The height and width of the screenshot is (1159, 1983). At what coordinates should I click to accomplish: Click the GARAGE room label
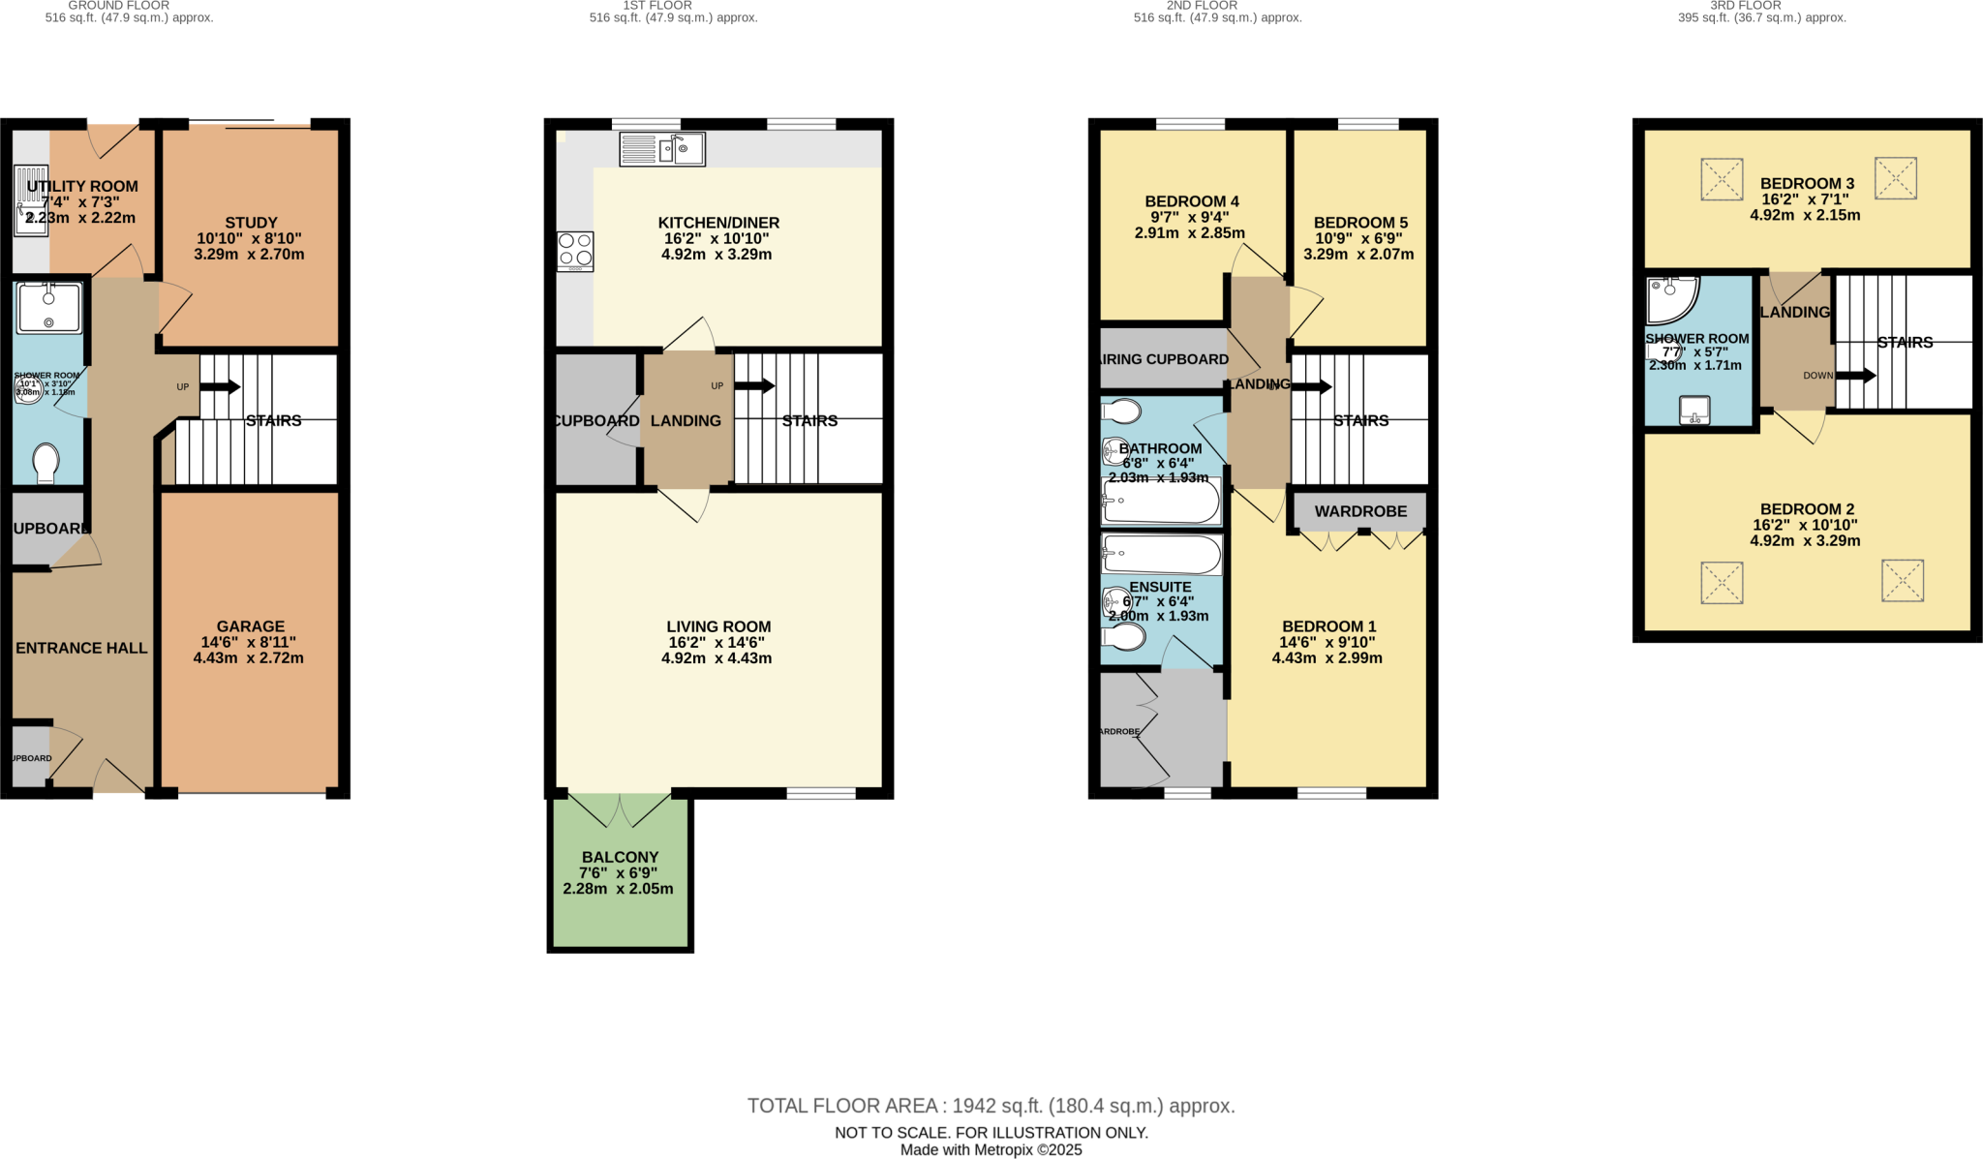(x=250, y=626)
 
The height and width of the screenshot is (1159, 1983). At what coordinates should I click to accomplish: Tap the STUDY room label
(x=251, y=223)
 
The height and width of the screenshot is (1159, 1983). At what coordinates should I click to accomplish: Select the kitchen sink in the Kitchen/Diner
(x=662, y=149)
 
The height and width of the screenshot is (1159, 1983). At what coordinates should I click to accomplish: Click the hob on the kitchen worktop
(x=574, y=252)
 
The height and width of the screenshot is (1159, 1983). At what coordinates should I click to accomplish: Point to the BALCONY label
(x=620, y=857)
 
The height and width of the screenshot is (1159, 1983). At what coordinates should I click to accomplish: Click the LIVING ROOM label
(x=718, y=626)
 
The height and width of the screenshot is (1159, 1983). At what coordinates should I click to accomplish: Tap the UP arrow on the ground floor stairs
(x=219, y=387)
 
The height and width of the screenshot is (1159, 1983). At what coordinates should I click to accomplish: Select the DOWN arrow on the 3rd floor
(x=1855, y=376)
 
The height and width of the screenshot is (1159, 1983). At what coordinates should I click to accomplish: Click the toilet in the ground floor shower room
(x=46, y=463)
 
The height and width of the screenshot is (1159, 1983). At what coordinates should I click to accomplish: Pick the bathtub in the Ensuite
(x=1161, y=556)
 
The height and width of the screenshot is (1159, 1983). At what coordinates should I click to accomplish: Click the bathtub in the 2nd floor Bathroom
(x=1161, y=503)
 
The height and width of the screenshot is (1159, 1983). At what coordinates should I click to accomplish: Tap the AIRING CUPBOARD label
(x=1165, y=359)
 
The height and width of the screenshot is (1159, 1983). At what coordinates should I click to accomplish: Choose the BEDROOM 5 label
(x=1360, y=223)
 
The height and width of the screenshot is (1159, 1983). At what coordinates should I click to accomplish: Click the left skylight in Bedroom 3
(x=1722, y=179)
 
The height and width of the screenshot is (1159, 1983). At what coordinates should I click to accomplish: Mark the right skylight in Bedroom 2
(x=1902, y=581)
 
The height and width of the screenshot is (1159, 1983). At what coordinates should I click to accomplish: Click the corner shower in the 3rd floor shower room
(x=1670, y=299)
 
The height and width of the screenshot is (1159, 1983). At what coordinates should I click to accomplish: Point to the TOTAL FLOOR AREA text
(x=991, y=1106)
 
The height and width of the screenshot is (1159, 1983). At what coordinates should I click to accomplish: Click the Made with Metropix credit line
(x=991, y=1150)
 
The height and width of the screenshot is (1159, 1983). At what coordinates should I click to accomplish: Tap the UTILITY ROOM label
(x=82, y=186)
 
